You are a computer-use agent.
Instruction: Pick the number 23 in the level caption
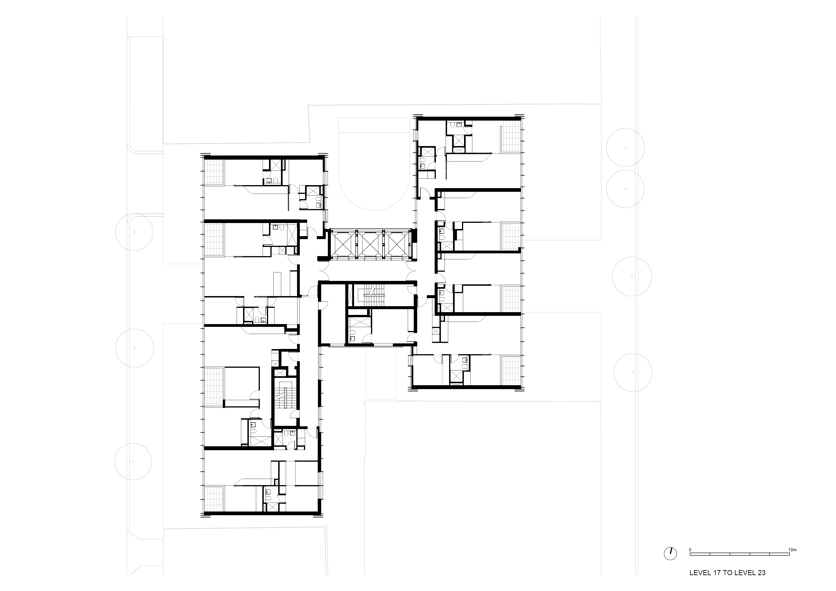[x=761, y=583]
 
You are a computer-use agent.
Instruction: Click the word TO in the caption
[x=727, y=583]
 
